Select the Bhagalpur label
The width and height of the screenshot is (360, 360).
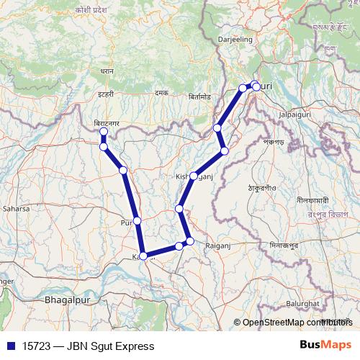tap(68, 297)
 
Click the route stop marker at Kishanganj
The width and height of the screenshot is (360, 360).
tap(194, 176)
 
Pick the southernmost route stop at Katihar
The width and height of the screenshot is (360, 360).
tap(143, 256)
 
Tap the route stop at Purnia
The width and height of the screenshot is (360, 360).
tap(137, 220)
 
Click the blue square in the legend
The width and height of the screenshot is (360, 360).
tap(7, 346)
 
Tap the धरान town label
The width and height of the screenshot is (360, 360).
tap(107, 72)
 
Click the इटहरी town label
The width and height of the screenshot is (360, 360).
tap(107, 94)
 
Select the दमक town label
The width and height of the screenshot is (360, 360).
tap(161, 93)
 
